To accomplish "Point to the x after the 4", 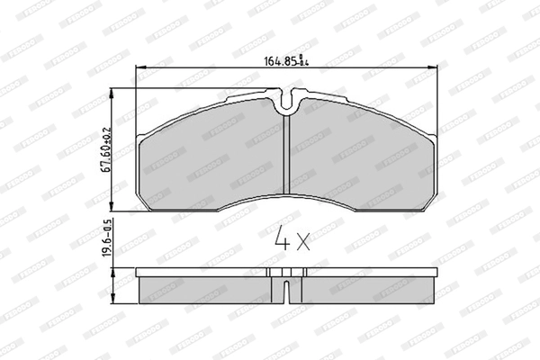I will tap(302, 241).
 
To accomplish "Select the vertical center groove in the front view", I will tap(285, 153).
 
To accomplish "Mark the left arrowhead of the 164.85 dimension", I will tap(137, 70).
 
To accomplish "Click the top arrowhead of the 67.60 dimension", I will tap(111, 91).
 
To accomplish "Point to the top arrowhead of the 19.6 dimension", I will tap(111, 268).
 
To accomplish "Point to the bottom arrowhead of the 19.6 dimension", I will tap(111, 302).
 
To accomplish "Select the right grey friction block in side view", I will tap(360, 290).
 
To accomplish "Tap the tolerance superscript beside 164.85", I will tap(304, 62).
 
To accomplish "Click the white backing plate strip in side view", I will tap(286, 272).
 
